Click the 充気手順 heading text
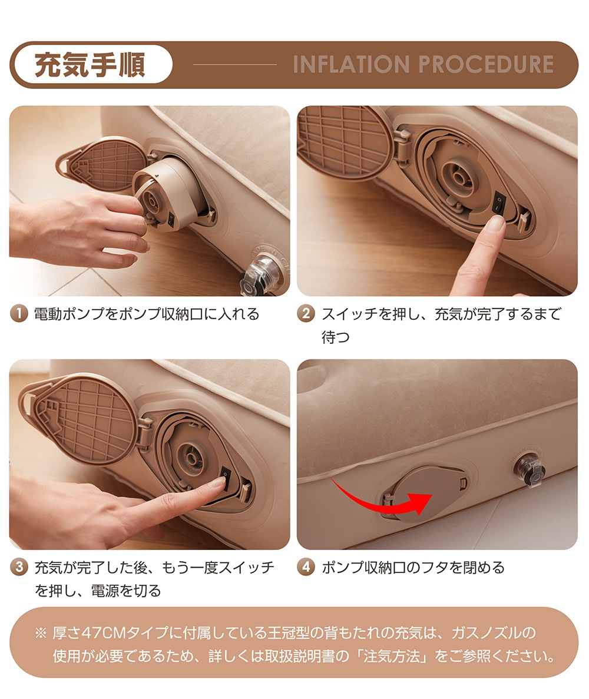(90, 65)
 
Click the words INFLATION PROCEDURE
(423, 64)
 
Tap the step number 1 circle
(20, 314)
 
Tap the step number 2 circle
(307, 314)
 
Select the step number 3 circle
(20, 568)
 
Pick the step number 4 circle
(307, 568)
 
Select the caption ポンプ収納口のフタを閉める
(413, 568)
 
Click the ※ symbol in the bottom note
(40, 634)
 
